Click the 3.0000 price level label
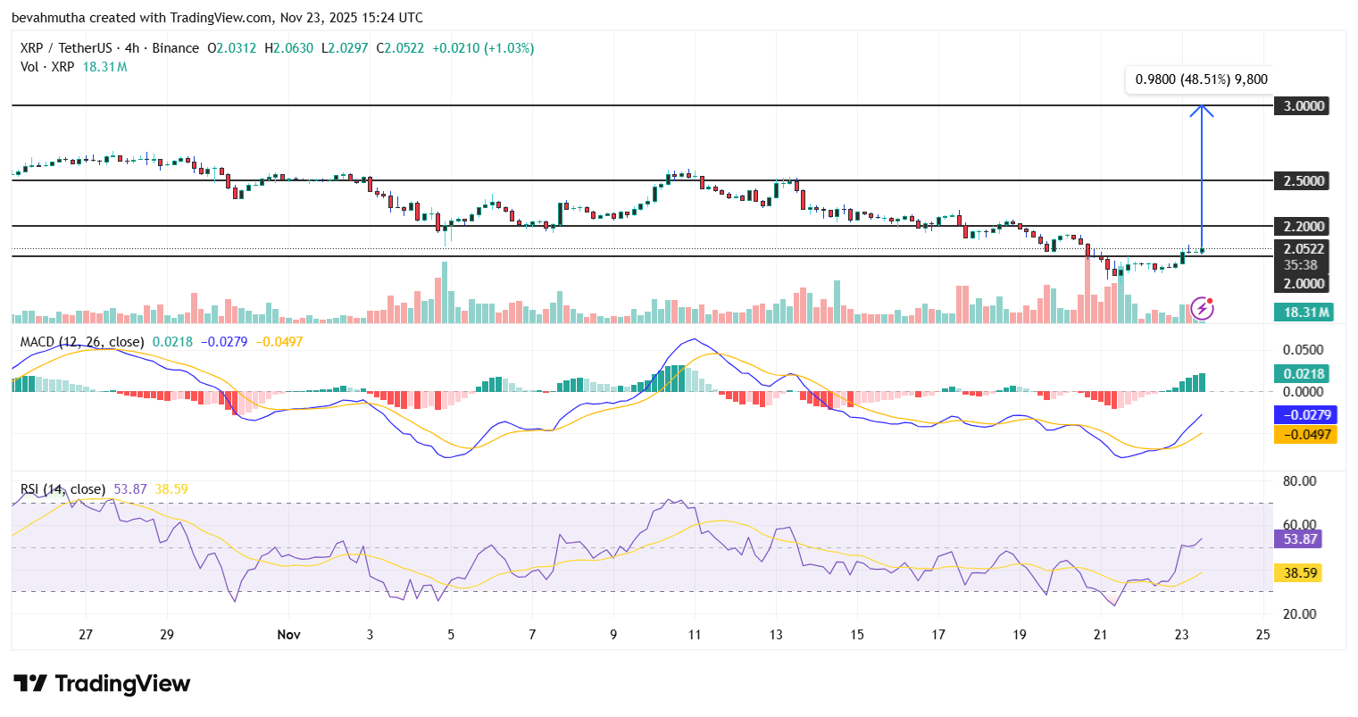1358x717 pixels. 1304,106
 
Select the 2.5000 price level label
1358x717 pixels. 1304,181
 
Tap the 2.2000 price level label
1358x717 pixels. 1304,227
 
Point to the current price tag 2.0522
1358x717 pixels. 1304,249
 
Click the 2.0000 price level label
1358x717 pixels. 1304,284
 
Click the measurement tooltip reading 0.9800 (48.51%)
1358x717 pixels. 1201,79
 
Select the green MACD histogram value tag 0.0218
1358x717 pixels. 1304,374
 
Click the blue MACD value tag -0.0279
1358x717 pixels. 1306,415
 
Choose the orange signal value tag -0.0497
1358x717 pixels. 1306,435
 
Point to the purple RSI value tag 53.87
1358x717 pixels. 1300,539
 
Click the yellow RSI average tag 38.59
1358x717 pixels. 1300,573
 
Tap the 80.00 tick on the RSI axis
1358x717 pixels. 1299,481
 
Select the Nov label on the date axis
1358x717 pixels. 288,635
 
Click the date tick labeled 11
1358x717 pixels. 695,635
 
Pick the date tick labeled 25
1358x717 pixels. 1262,635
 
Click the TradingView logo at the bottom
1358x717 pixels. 102,684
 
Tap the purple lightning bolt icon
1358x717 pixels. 1203,309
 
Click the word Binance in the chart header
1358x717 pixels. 175,48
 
